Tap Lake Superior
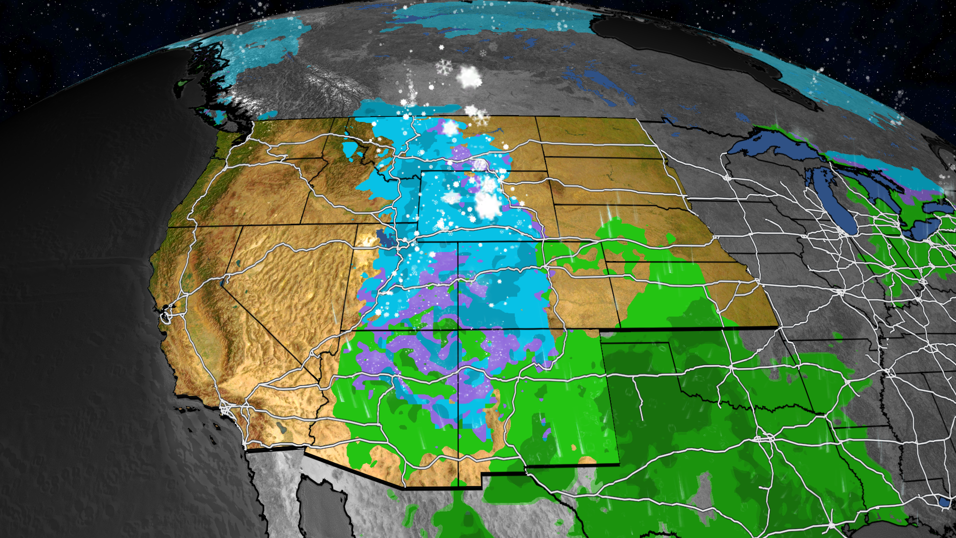777,144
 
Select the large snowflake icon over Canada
444,67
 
